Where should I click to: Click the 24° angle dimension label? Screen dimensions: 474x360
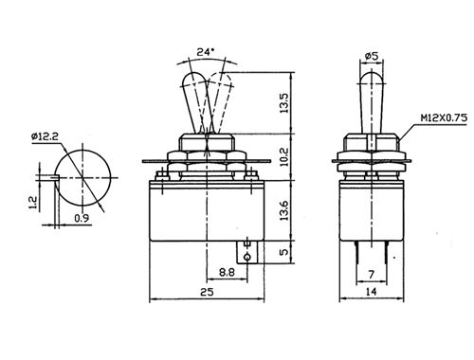point(206,51)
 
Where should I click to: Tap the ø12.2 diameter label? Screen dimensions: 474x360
point(45,136)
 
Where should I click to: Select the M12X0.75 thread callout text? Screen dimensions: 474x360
point(444,118)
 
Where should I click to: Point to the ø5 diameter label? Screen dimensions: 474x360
point(372,56)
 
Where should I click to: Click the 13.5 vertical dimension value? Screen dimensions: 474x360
point(284,103)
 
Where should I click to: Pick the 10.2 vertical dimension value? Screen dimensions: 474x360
point(284,156)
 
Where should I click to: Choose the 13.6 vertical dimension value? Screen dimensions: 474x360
point(284,210)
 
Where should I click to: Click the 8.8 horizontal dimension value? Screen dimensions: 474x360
point(227,272)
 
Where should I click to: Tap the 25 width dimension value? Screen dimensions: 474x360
point(207,292)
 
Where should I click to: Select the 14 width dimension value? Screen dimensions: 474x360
point(372,292)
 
